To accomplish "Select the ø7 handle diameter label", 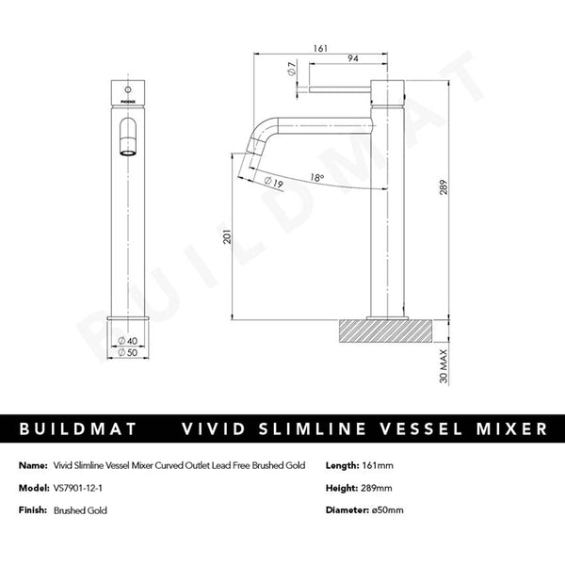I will [x=292, y=69].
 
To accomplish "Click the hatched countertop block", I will [x=386, y=331].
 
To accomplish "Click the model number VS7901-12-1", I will [x=81, y=488].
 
